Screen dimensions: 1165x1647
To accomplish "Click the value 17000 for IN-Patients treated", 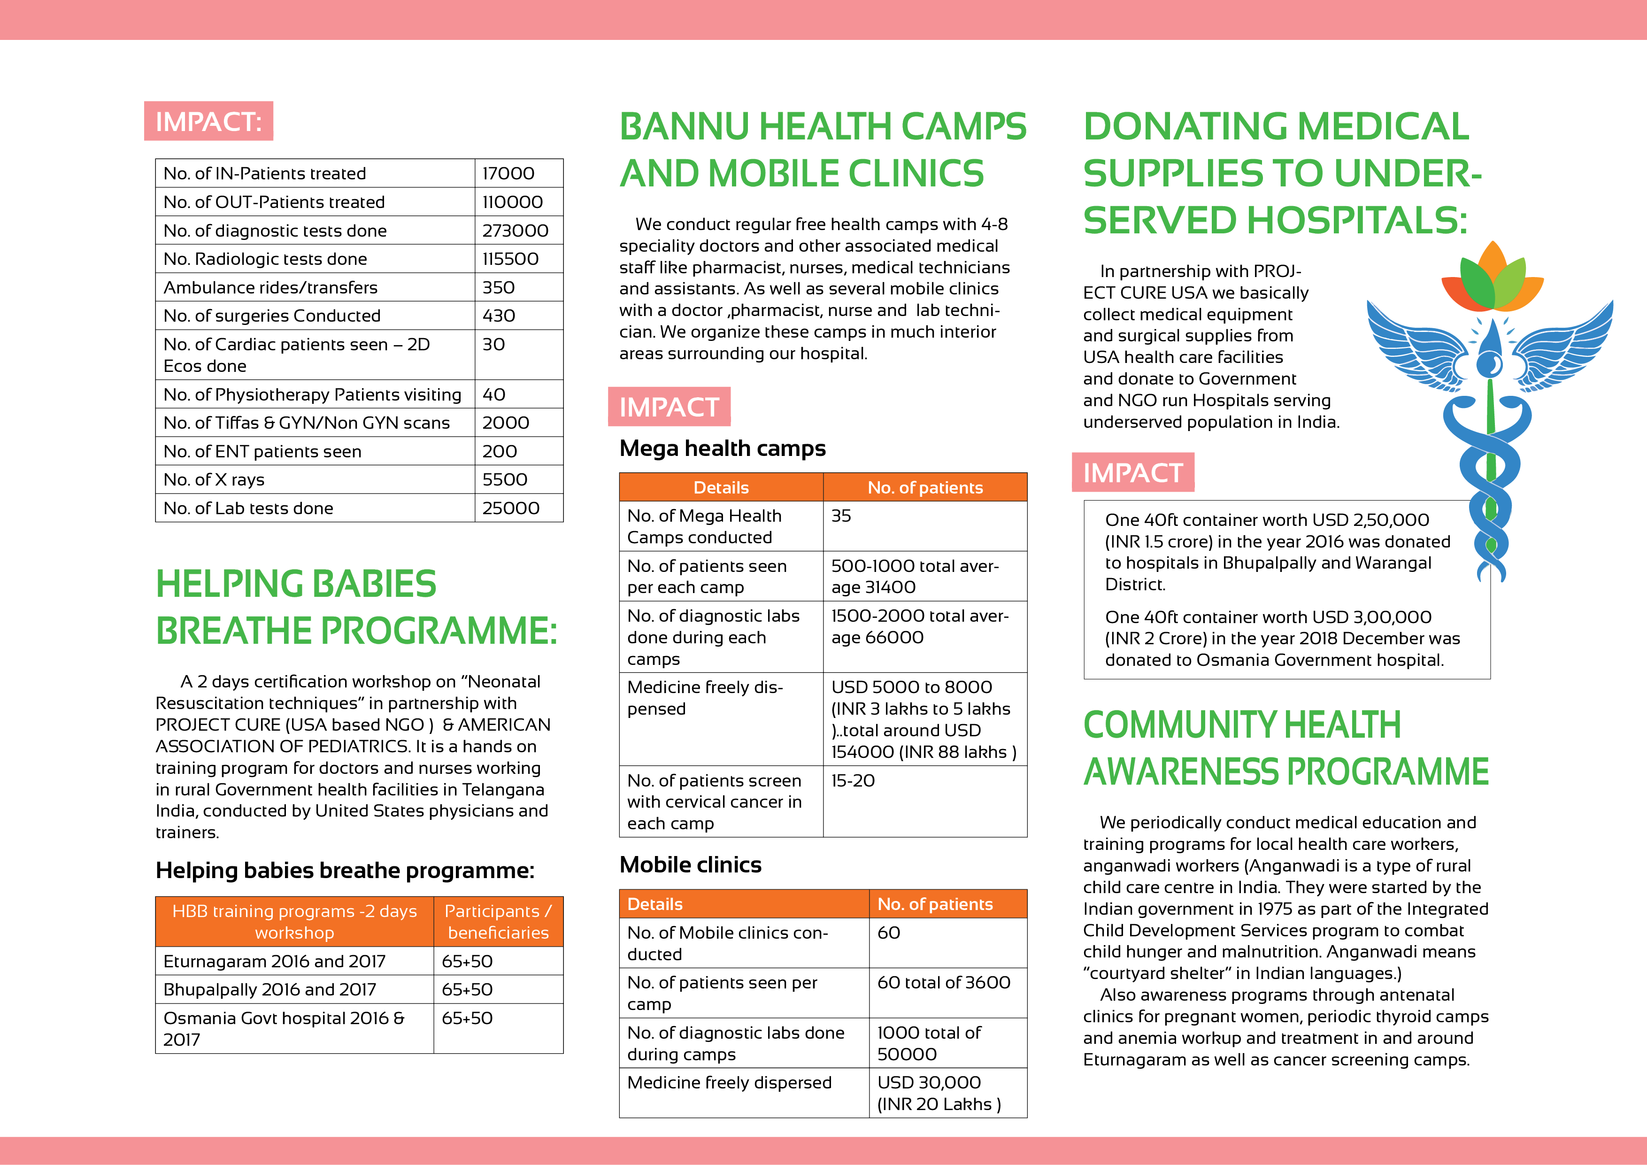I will pos(508,174).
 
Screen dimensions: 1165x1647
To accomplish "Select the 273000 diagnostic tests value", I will pos(515,230).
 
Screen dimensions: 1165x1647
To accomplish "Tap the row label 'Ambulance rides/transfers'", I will pos(270,288).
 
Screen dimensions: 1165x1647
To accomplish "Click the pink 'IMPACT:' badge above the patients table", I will pos(208,121).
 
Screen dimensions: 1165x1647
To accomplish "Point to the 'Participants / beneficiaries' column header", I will pos(498,921).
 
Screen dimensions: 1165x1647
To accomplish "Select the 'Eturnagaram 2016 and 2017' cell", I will pos(274,961).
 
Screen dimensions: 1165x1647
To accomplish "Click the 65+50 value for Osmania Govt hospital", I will pos(467,1018).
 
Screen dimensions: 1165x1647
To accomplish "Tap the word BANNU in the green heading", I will pos(685,127).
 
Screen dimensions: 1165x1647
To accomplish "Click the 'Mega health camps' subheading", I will pos(723,448).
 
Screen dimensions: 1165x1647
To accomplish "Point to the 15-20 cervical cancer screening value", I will pos(853,780).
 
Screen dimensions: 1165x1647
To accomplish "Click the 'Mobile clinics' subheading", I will pos(690,864).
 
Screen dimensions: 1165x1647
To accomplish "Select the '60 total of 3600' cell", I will pos(943,983).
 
